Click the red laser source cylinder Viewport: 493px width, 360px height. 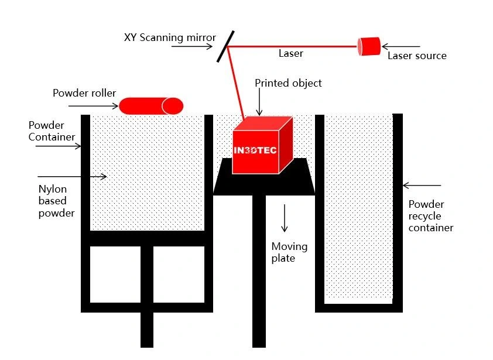pyautogui.click(x=369, y=46)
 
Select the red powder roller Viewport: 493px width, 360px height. pyautogui.click(x=151, y=106)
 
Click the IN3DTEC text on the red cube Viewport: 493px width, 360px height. pyautogui.click(x=255, y=150)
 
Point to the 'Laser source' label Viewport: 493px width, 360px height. pyautogui.click(x=417, y=56)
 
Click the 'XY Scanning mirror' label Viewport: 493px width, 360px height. pyautogui.click(x=170, y=37)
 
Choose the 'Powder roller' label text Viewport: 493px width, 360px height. pyautogui.click(x=84, y=93)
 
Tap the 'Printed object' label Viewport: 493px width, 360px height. pyautogui.click(x=288, y=83)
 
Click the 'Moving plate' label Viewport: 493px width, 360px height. pyautogui.click(x=289, y=252)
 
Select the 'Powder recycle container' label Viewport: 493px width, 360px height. pyautogui.click(x=431, y=216)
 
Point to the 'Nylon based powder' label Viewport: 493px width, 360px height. pyautogui.click(x=56, y=201)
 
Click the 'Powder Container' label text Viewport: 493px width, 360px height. pyautogui.click(x=52, y=131)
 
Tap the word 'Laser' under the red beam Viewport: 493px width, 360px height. pyautogui.click(x=290, y=53)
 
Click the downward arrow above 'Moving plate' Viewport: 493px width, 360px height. pyautogui.click(x=285, y=218)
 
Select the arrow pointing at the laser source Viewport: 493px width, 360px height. pyautogui.click(x=400, y=46)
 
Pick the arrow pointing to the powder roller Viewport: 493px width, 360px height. pyautogui.click(x=94, y=106)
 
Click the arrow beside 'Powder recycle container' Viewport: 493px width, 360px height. pyautogui.click(x=422, y=186)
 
